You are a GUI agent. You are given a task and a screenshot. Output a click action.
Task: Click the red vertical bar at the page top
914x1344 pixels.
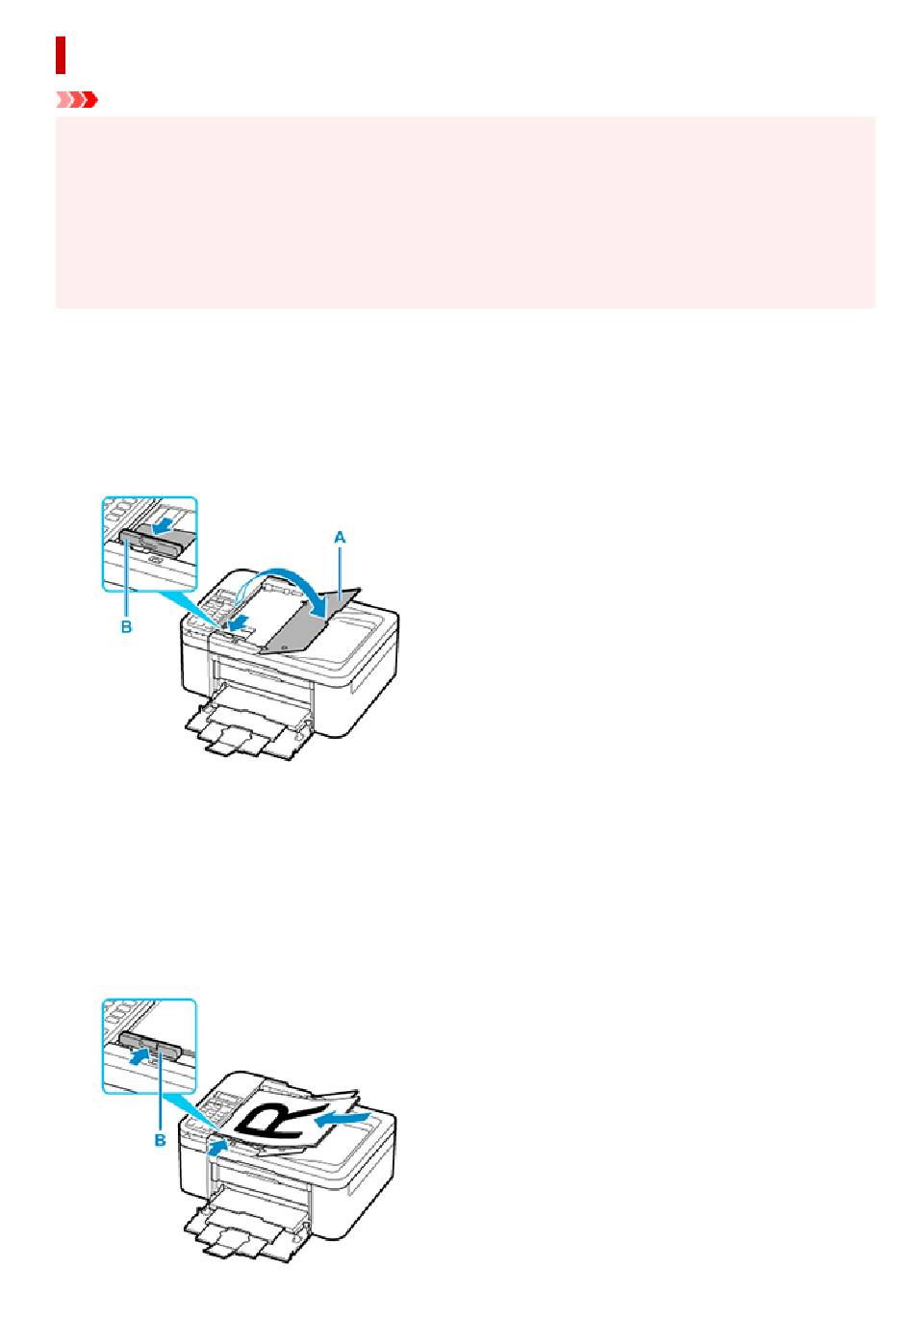point(60,55)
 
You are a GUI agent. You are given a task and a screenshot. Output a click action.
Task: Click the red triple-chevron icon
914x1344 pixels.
point(77,100)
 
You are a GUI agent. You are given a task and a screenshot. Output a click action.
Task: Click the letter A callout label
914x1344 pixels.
point(340,537)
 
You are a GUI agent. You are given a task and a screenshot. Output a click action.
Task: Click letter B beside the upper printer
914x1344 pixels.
point(126,626)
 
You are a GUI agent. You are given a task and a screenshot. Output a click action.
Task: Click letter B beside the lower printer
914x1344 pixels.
point(160,1139)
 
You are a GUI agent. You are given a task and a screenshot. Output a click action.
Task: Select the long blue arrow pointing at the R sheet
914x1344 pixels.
point(343,1118)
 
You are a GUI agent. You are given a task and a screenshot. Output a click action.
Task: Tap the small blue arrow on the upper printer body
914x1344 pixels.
point(239,625)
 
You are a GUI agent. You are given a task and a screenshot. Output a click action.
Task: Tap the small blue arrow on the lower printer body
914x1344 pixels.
point(217,1147)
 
